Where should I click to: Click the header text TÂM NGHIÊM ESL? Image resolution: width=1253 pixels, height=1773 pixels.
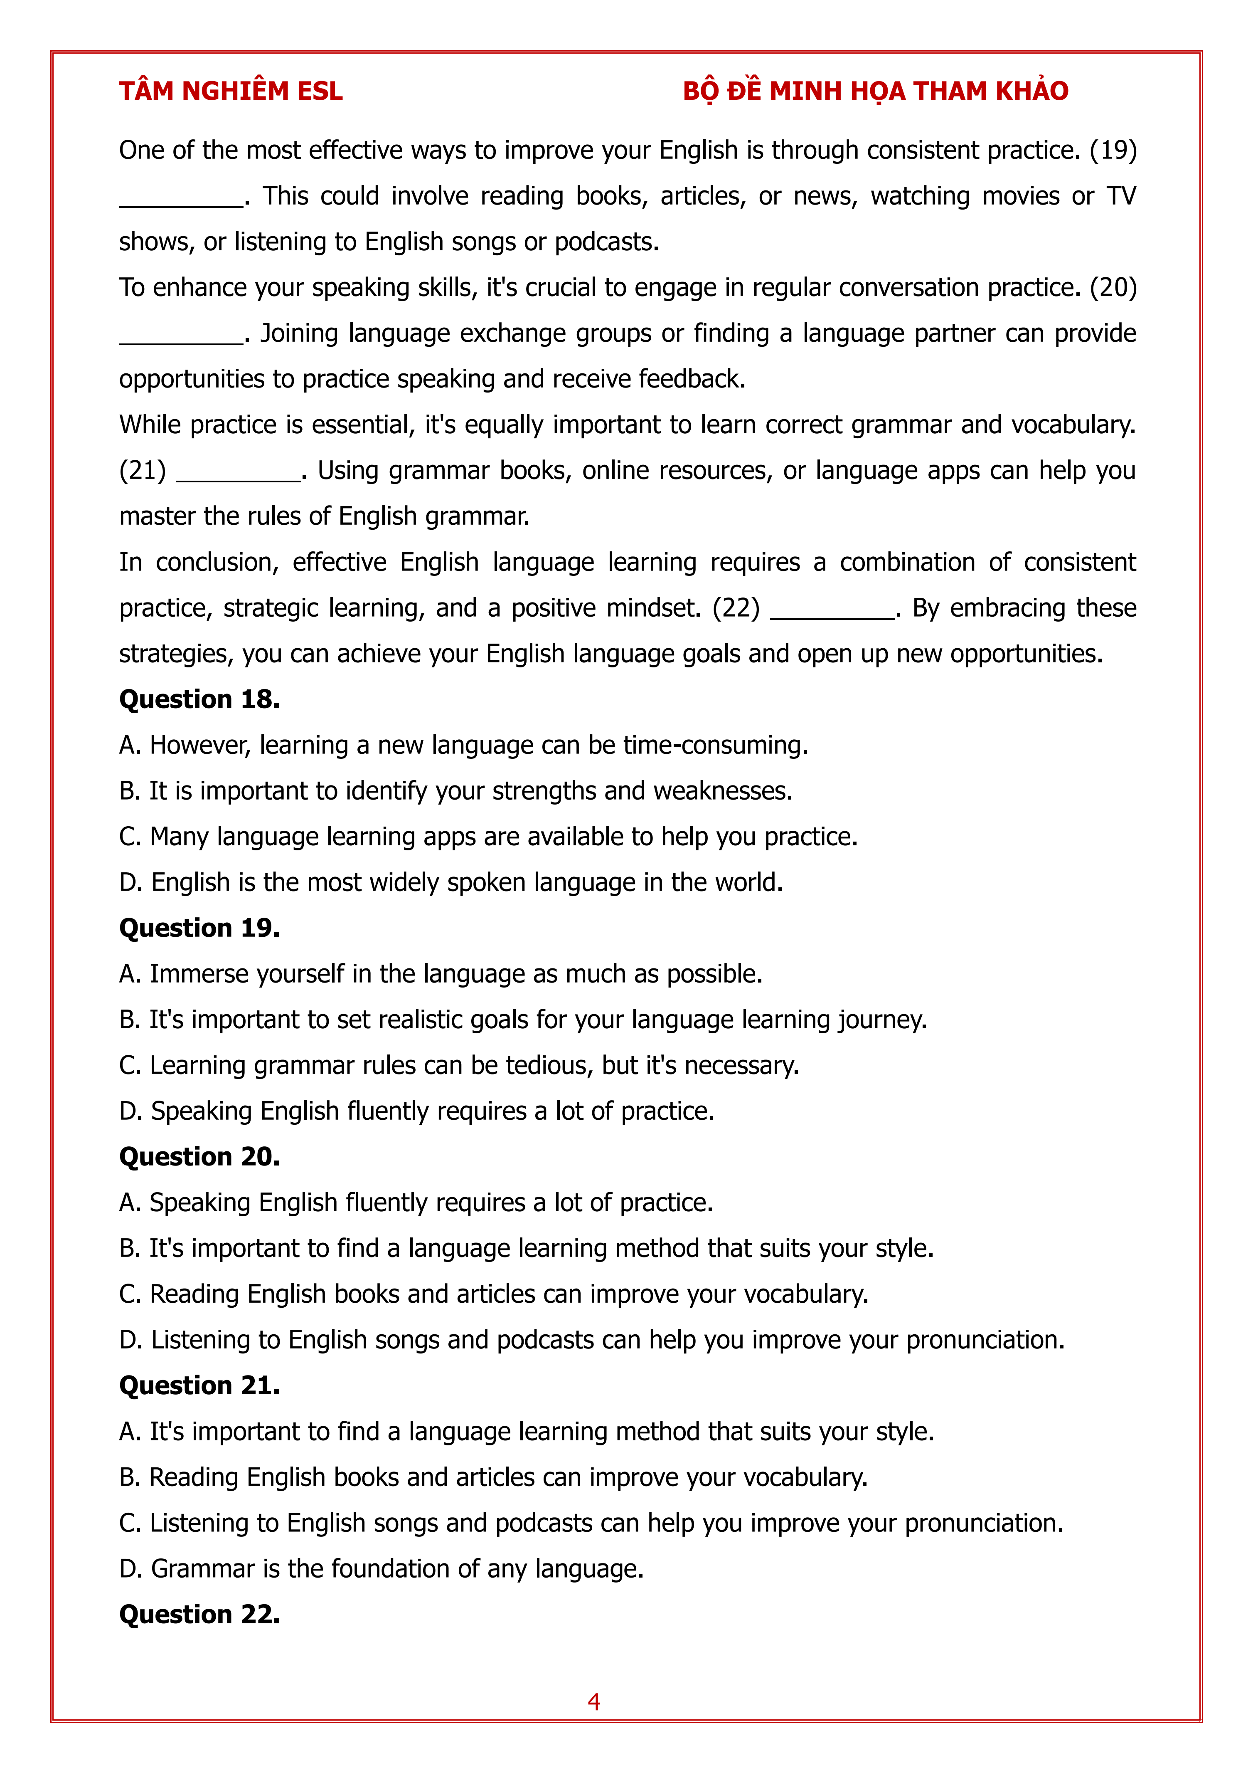pyautogui.click(x=230, y=91)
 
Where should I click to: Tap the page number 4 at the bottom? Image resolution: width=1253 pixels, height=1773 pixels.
pyautogui.click(x=594, y=1701)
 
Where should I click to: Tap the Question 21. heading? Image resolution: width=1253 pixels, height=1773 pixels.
pyautogui.click(x=199, y=1385)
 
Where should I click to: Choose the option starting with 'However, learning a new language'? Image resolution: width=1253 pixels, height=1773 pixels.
pyautogui.click(x=463, y=745)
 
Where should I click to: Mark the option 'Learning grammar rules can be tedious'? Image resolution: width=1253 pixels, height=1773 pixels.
pyautogui.click(x=458, y=1066)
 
